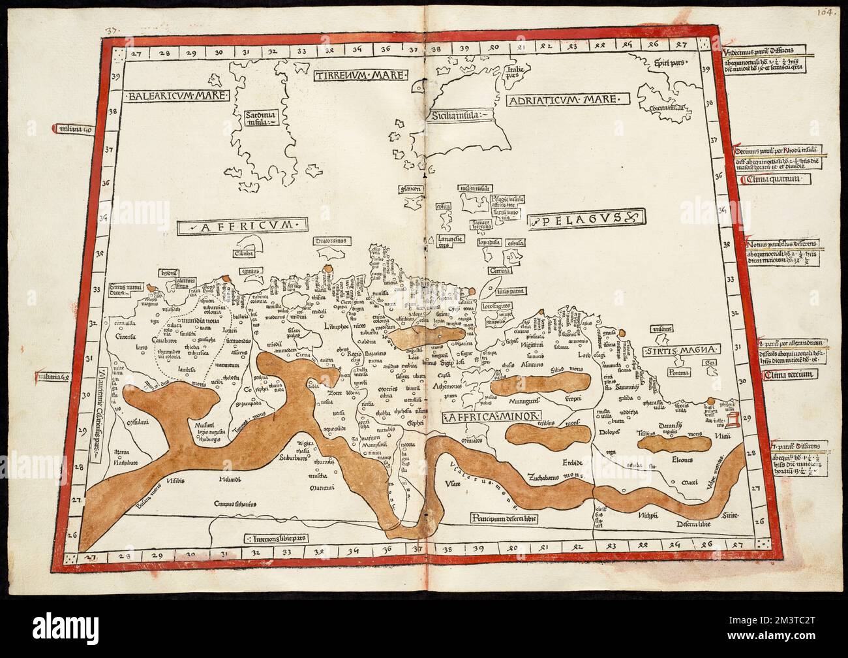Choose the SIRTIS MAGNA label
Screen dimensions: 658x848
[678, 350]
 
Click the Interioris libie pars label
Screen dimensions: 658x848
[275, 539]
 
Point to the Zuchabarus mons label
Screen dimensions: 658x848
[554, 475]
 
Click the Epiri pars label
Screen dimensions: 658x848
[663, 64]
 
